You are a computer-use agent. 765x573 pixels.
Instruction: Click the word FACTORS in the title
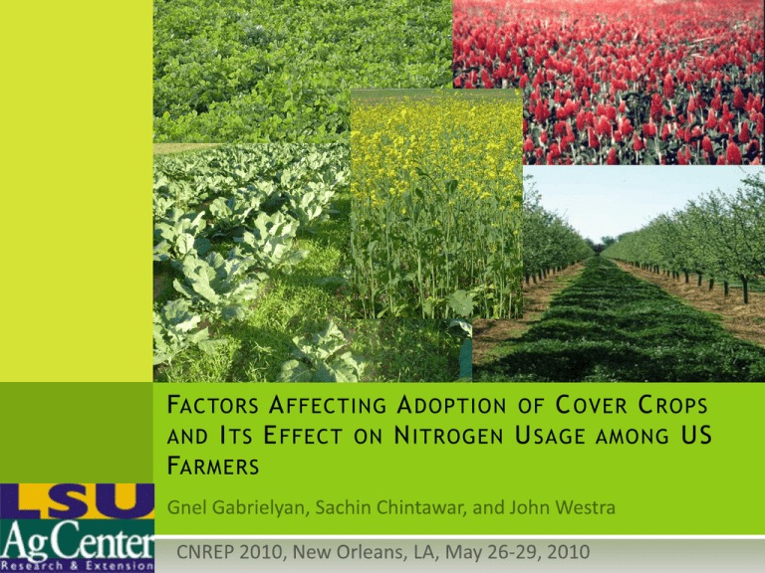tap(213, 405)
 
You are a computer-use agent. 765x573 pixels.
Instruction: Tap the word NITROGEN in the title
tap(448, 436)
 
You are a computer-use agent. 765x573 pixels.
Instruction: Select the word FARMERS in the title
tap(213, 466)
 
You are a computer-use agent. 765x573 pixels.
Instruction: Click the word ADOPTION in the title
tap(452, 405)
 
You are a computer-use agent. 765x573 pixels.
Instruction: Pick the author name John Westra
tap(562, 507)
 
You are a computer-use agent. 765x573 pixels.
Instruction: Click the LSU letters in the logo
tap(77, 500)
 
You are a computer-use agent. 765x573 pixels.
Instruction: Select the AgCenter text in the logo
tap(77, 540)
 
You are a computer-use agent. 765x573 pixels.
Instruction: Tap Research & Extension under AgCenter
tap(77, 566)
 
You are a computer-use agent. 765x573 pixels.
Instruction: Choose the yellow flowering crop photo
tap(436, 204)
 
